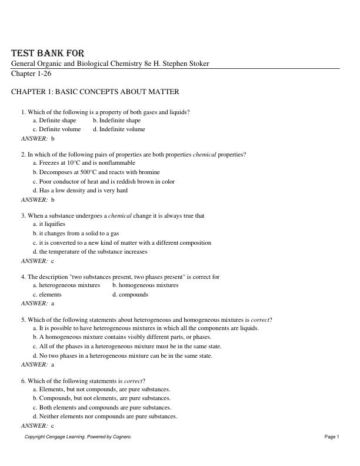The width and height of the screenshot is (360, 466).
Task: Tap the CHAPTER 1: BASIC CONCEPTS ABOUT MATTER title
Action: pos(95,92)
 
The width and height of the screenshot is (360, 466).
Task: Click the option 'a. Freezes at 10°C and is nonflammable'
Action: pos(84,162)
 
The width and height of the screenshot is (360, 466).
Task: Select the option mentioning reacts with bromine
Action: pos(96,172)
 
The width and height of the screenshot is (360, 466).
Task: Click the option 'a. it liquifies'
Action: pos(49,224)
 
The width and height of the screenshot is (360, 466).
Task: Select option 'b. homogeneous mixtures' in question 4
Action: pos(145,285)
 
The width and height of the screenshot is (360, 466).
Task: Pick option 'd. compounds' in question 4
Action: pos(130,294)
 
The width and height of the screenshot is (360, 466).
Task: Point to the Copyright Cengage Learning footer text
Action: pos(78,437)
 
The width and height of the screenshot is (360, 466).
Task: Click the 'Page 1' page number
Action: pos(332,437)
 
